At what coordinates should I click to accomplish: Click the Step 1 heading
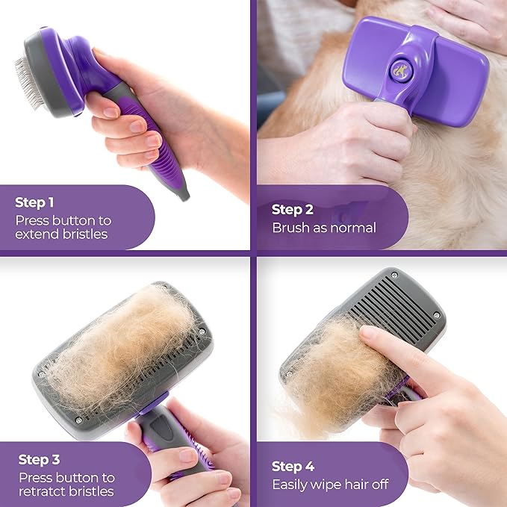click(35, 202)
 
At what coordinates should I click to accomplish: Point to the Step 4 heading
click(293, 467)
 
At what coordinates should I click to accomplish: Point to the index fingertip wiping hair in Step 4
click(368, 334)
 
